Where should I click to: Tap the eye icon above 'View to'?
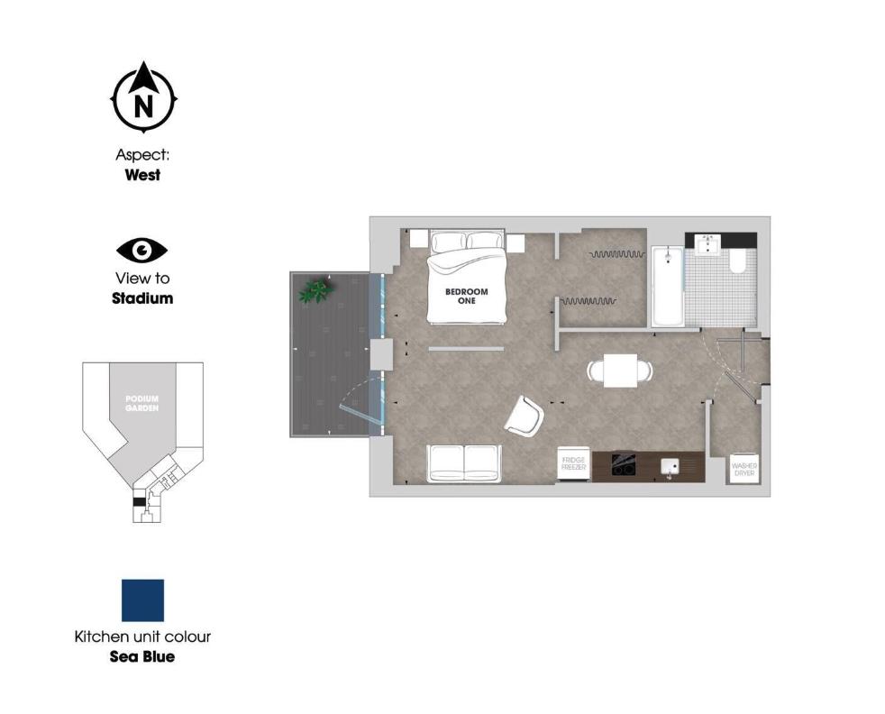[142, 250]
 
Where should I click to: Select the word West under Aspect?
[142, 175]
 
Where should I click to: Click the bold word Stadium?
[142, 297]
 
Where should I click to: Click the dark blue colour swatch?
[142, 600]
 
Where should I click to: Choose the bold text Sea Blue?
[142, 656]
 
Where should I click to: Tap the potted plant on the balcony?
[316, 289]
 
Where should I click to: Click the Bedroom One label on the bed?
[466, 296]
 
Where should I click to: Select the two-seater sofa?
[464, 463]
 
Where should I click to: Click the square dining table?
[620, 371]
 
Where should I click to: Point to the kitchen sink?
[671, 466]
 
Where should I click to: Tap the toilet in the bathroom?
[738, 261]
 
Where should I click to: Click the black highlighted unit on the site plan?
[139, 502]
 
